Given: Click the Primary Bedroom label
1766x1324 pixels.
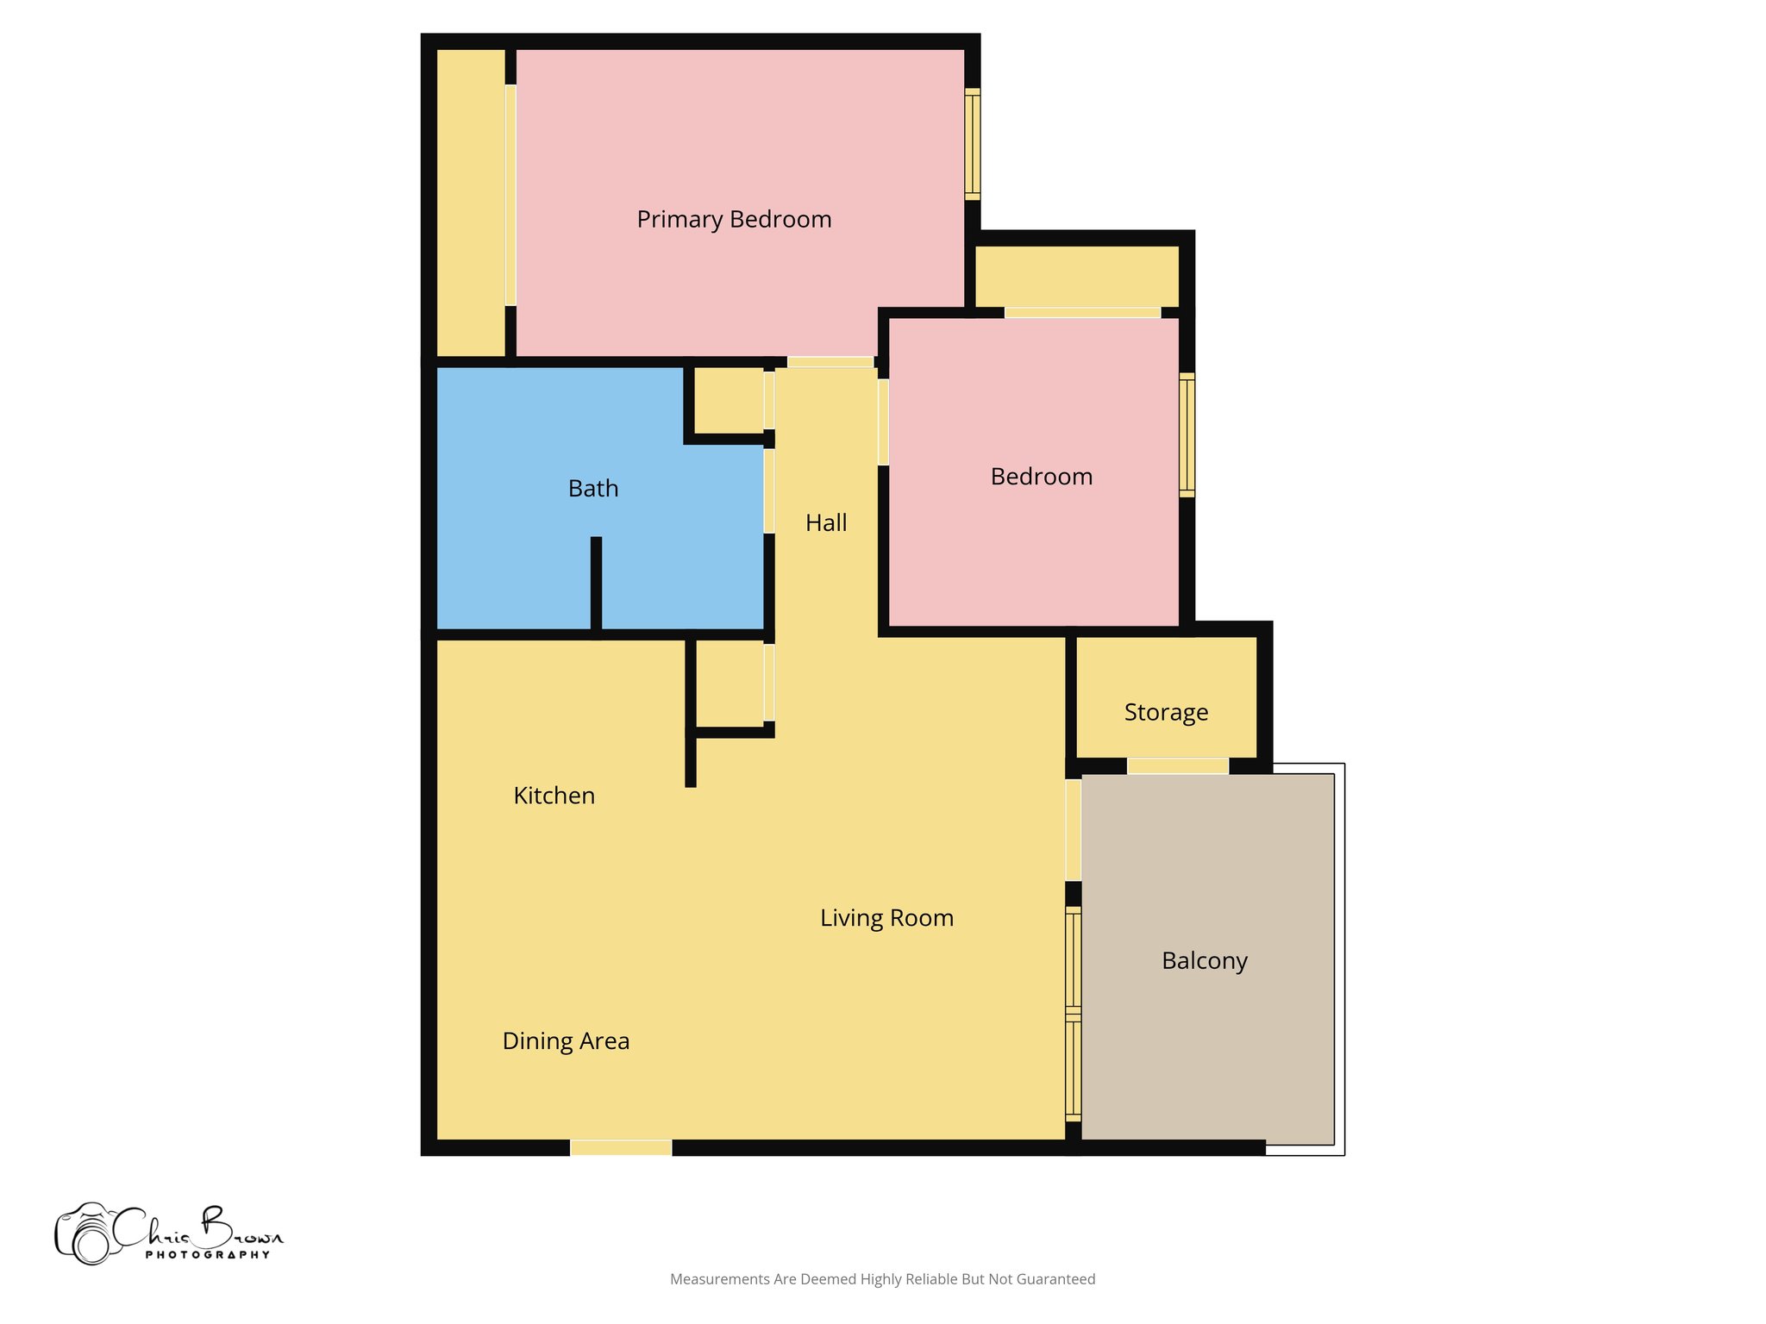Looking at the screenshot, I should point(734,220).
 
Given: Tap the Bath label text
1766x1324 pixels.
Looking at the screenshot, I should point(593,489).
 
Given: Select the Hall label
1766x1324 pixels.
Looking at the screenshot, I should point(826,522).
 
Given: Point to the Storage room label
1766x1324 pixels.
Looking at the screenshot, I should point(1166,713).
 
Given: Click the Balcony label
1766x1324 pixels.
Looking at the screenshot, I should point(1204,960).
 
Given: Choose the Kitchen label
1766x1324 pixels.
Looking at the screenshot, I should point(554,796).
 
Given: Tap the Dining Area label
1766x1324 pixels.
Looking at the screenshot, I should point(566,1041).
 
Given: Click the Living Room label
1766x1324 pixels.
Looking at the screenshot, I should point(886,918).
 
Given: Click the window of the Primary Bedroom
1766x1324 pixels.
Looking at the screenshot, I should point(972,144).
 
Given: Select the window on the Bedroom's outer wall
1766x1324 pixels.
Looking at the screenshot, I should point(1187,435).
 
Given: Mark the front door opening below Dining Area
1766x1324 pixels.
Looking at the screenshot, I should point(621,1147).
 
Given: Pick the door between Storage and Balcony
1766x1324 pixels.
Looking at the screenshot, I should point(1177,766).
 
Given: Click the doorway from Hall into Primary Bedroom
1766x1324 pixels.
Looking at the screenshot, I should point(830,362).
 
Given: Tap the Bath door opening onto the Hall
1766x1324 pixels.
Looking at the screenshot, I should point(768,490).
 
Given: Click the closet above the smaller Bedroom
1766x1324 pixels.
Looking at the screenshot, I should point(1076,276).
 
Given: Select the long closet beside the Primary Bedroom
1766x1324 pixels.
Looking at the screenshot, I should point(471,203).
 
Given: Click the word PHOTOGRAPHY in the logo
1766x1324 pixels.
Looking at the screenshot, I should point(207,1255).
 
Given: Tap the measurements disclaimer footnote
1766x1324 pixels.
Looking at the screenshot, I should point(882,1279).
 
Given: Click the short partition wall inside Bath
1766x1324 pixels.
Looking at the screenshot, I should point(596,583).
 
